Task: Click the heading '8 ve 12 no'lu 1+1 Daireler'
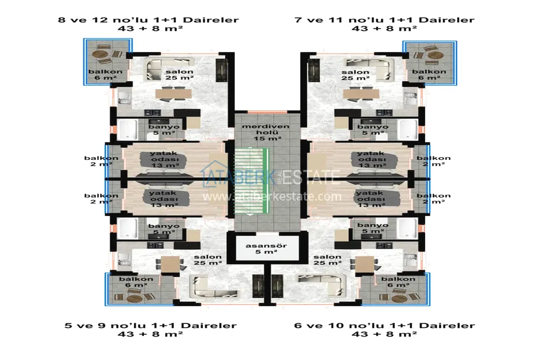point(149,20)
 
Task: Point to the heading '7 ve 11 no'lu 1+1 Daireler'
point(384,20)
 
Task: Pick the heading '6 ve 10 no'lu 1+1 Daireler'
point(384,326)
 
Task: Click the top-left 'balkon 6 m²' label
point(102,75)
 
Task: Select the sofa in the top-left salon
point(162,69)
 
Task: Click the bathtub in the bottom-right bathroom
point(407,228)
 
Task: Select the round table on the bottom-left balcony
point(134,298)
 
